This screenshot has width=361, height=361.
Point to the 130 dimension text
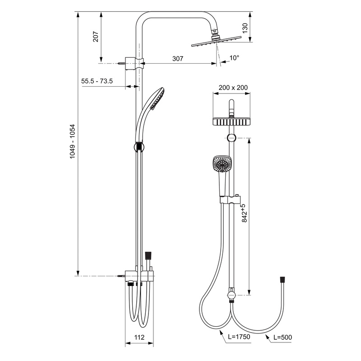pyautogui.click(x=245, y=28)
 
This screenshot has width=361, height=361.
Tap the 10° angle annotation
pyautogui.click(x=234, y=58)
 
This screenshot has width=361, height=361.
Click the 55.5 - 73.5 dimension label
pyautogui.click(x=97, y=81)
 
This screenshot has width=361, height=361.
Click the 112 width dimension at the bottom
pyautogui.click(x=139, y=337)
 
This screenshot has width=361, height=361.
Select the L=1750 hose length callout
pyautogui.click(x=239, y=337)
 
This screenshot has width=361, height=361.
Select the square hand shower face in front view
pyautogui.click(x=222, y=163)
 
